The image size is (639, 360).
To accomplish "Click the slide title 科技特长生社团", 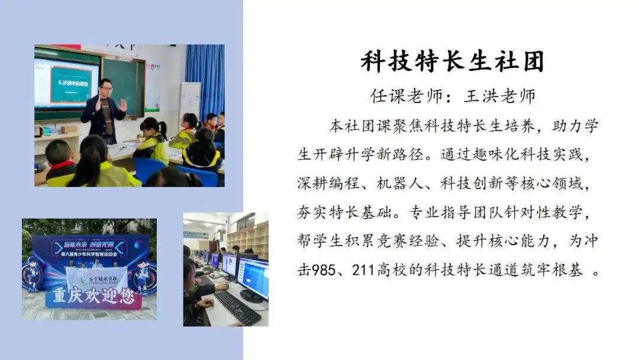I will click(x=452, y=62).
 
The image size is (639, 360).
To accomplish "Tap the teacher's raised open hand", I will click(x=122, y=105).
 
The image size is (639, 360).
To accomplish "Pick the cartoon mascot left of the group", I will click(x=33, y=274).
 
